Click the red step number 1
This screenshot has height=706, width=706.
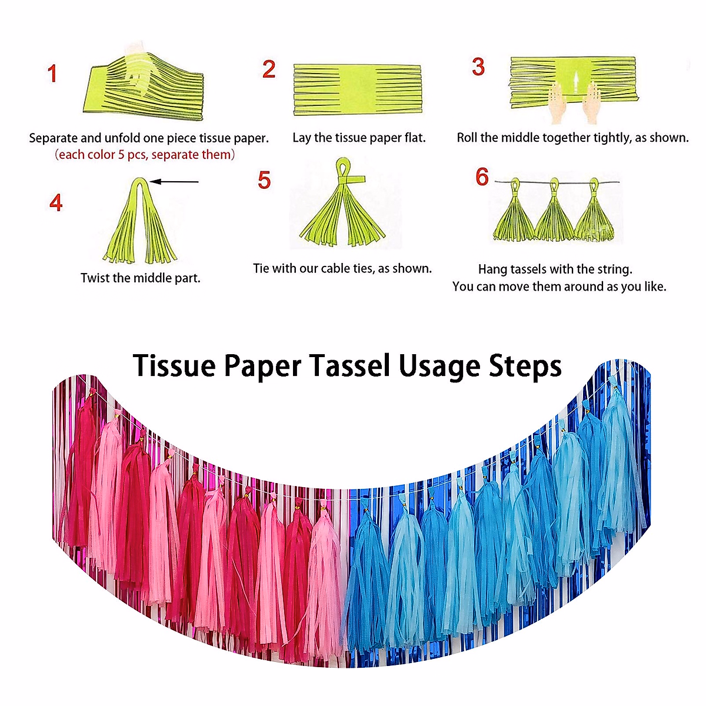pyautogui.click(x=52, y=74)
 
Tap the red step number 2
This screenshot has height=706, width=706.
pyautogui.click(x=269, y=69)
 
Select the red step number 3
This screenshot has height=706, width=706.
pyautogui.click(x=478, y=67)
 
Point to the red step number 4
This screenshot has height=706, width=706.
pyautogui.click(x=56, y=202)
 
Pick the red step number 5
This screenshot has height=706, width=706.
pyautogui.click(x=264, y=180)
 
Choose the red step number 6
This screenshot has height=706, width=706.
pyautogui.click(x=482, y=176)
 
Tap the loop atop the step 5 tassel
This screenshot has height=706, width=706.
pyautogui.click(x=344, y=171)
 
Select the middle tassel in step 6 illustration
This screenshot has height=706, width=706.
pyautogui.click(x=555, y=215)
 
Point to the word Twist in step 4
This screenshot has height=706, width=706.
pyautogui.click(x=95, y=278)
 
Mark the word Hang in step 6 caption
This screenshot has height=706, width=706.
pyautogui.click(x=492, y=269)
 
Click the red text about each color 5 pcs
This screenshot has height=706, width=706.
pyautogui.click(x=145, y=155)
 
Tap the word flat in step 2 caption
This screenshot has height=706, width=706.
pyautogui.click(x=414, y=138)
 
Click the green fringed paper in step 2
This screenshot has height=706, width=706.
pyautogui.click(x=357, y=90)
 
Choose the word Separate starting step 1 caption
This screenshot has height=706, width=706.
pyautogui.click(x=53, y=138)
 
